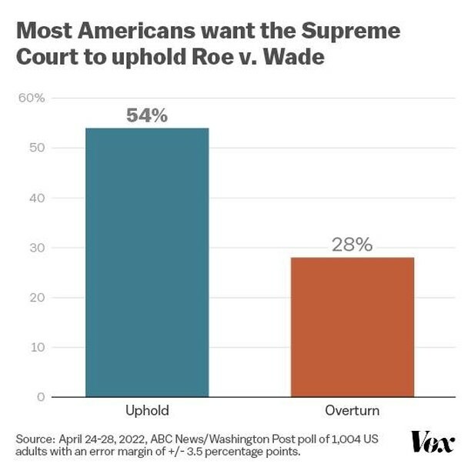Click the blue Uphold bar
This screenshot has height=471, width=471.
146,262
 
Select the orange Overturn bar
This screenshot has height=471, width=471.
352,326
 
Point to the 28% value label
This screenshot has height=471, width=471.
352,245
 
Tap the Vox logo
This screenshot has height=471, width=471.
433,441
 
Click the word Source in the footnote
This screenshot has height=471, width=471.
34,438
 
